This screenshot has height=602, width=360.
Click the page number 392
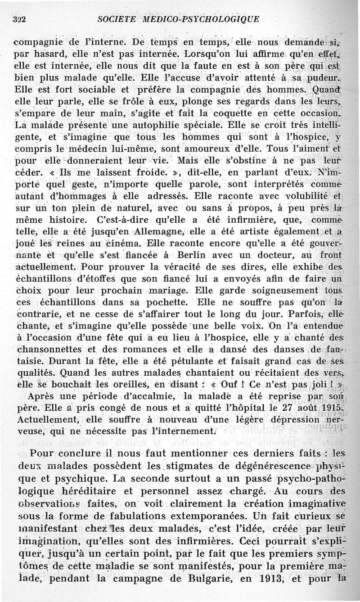click(x=18, y=20)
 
